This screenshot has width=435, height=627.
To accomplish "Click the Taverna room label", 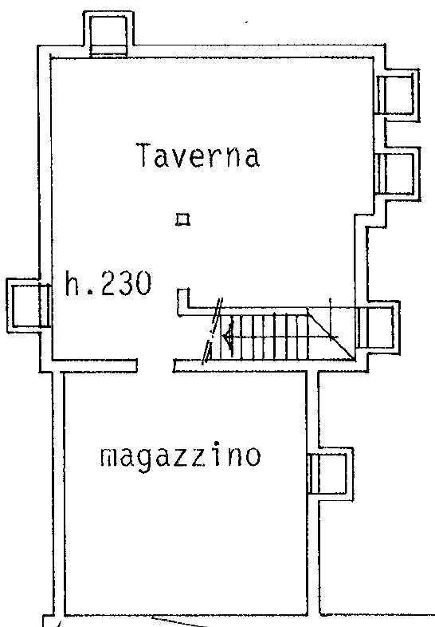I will coord(198,156).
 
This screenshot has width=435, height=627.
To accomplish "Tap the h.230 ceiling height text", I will coord(107,284).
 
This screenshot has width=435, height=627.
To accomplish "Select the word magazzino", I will coord(180,457).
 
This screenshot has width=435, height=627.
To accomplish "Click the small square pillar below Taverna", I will coord(183,219).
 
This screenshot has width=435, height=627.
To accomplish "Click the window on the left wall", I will coord(29,306).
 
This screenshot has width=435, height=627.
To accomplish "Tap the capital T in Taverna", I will coord(144,156).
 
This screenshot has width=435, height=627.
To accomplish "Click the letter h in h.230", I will coord(72,283).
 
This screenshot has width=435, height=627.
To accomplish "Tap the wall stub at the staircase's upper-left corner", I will coord(182,300).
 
